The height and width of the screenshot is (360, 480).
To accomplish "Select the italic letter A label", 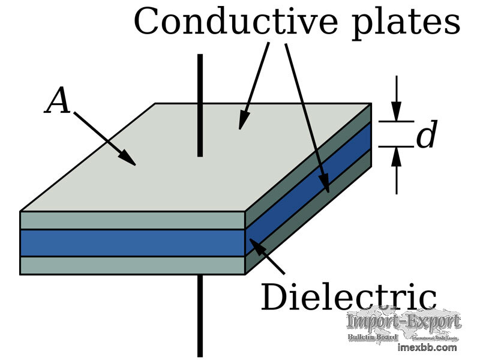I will coord(58,101).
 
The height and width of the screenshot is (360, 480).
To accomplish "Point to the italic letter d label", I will coord(426,136).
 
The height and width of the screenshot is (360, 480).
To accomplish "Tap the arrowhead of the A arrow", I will coord(127,157).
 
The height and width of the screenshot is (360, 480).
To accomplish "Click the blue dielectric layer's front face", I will coord(132,242).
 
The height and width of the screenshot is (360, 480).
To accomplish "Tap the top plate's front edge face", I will coord(132,220).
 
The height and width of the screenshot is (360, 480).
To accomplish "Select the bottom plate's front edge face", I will coord(132,265).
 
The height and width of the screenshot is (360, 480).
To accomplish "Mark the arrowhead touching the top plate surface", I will coord(242,121).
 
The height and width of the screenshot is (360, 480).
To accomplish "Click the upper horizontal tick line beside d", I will coord(396,121).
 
